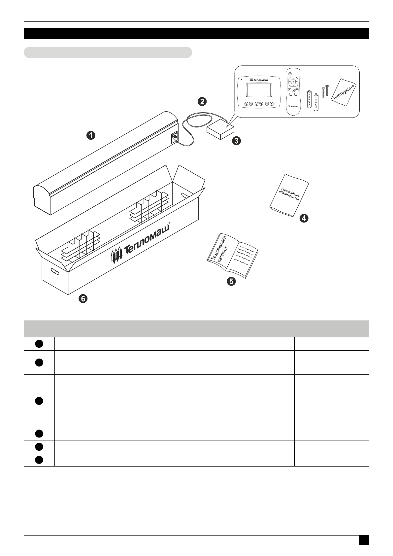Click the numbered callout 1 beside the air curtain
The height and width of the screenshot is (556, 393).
[x=91, y=135]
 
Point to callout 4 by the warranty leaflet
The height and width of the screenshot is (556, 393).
[x=304, y=218]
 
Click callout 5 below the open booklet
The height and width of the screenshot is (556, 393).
[x=231, y=281]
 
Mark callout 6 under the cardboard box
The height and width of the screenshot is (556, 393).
[x=83, y=299]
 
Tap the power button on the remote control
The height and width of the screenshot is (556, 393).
[x=290, y=74]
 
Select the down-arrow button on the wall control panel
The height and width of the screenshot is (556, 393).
[x=272, y=103]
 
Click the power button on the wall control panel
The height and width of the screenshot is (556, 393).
[x=246, y=103]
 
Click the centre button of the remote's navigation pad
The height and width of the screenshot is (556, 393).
[x=293, y=82]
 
